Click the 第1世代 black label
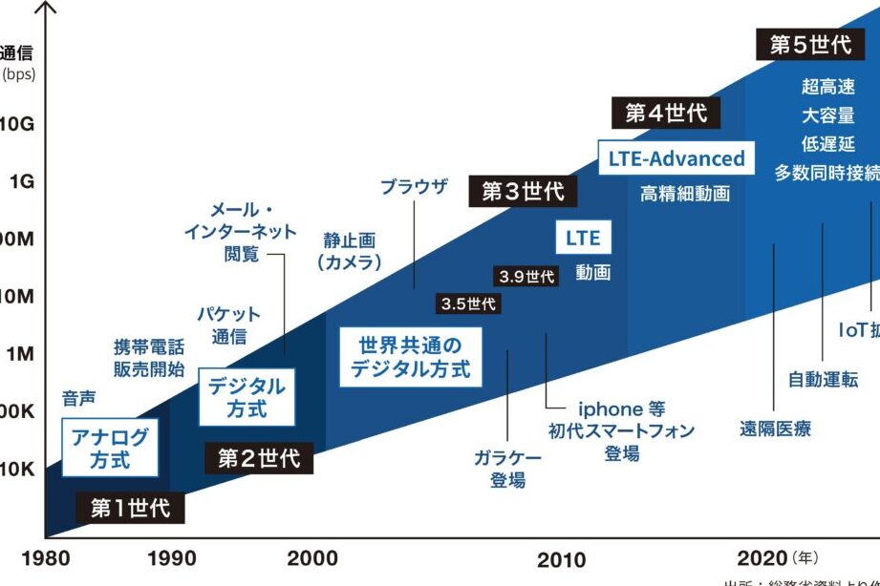pyautogui.click(x=130, y=508)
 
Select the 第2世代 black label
pyautogui.click(x=258, y=458)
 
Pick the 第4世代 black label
pyautogui.click(x=666, y=114)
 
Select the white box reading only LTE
pyautogui.click(x=583, y=239)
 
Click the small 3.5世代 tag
pyautogui.click(x=468, y=304)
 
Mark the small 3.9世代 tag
pyautogui.click(x=526, y=277)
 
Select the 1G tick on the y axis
pyautogui.click(x=21, y=181)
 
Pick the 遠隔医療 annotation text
pyautogui.click(x=775, y=429)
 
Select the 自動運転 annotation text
pyautogui.click(x=823, y=380)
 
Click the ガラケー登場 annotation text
pyautogui.click(x=507, y=469)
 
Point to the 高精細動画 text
pyautogui.click(x=684, y=194)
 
